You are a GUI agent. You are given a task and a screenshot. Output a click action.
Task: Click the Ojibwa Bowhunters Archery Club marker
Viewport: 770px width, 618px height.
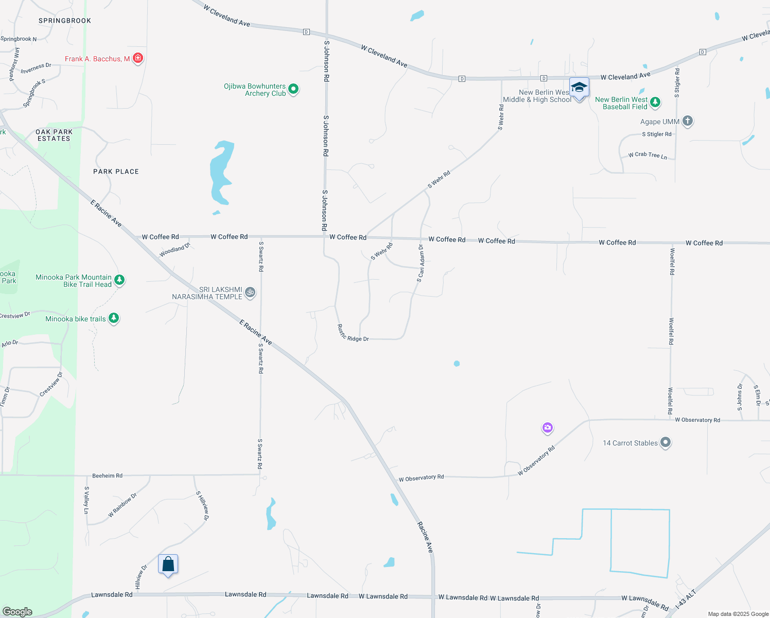(293, 89)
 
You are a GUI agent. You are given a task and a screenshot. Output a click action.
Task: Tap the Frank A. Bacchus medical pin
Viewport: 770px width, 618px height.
(137, 58)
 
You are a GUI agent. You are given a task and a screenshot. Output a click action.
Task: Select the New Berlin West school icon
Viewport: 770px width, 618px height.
(579, 88)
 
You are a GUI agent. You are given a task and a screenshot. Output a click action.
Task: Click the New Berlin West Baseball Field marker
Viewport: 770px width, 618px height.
(655, 102)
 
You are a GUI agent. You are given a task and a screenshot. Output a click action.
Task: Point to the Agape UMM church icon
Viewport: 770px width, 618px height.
(687, 122)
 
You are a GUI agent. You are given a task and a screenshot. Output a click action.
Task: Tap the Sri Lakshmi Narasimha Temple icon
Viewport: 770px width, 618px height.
(250, 292)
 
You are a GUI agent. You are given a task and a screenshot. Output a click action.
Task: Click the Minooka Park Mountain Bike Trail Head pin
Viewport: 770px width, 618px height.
(119, 280)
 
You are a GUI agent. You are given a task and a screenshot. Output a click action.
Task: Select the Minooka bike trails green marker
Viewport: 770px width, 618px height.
(114, 318)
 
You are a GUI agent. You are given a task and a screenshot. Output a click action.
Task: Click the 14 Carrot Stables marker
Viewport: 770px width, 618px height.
(666, 442)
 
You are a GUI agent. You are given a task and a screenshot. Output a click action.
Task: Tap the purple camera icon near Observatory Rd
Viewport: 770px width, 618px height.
(548, 427)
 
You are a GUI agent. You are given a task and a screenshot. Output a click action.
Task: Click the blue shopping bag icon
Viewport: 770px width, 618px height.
(168, 564)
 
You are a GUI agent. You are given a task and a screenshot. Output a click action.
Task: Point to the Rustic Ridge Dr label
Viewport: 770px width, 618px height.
(353, 334)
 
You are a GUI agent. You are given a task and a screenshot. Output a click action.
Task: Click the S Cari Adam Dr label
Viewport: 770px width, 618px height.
(421, 263)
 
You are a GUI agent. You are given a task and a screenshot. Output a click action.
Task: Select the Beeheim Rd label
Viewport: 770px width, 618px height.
(107, 476)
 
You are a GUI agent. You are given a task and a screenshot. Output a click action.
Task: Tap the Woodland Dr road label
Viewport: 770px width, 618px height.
(174, 250)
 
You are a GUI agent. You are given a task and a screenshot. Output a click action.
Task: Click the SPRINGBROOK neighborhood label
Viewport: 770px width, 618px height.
(65, 21)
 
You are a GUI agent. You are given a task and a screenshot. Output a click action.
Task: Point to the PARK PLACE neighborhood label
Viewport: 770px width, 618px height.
(116, 171)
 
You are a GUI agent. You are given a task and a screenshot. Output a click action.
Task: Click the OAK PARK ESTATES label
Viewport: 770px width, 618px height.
(54, 135)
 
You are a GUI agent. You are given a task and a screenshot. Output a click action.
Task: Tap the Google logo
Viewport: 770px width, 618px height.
(17, 612)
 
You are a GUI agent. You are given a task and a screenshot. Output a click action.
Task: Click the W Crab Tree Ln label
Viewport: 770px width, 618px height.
(647, 155)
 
